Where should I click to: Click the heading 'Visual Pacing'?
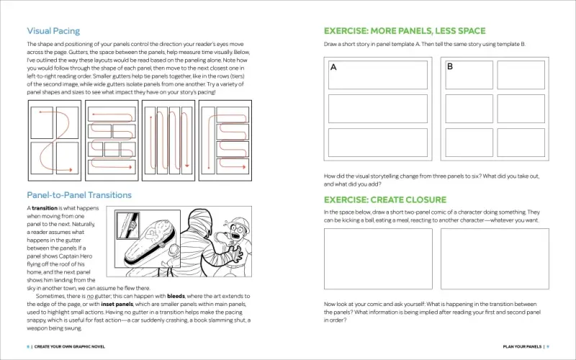[53, 31]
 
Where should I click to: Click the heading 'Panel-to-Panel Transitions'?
[79, 194]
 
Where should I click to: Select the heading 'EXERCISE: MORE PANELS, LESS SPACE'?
[405, 31]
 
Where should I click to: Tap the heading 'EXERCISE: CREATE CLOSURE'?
[384, 199]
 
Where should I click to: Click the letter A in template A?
[333, 68]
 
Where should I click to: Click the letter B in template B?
[450, 67]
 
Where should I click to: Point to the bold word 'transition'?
[45, 208]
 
